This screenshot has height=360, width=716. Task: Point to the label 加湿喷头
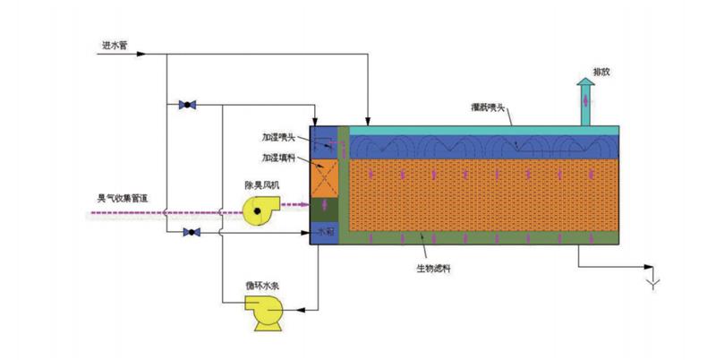(x=277, y=139)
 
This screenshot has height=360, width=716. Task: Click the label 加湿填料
(x=277, y=158)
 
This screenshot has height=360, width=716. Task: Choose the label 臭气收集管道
(x=124, y=200)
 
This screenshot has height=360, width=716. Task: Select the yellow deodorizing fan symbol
(x=260, y=210)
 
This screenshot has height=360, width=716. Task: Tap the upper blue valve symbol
(x=187, y=105)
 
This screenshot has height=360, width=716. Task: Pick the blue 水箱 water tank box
(x=326, y=234)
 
